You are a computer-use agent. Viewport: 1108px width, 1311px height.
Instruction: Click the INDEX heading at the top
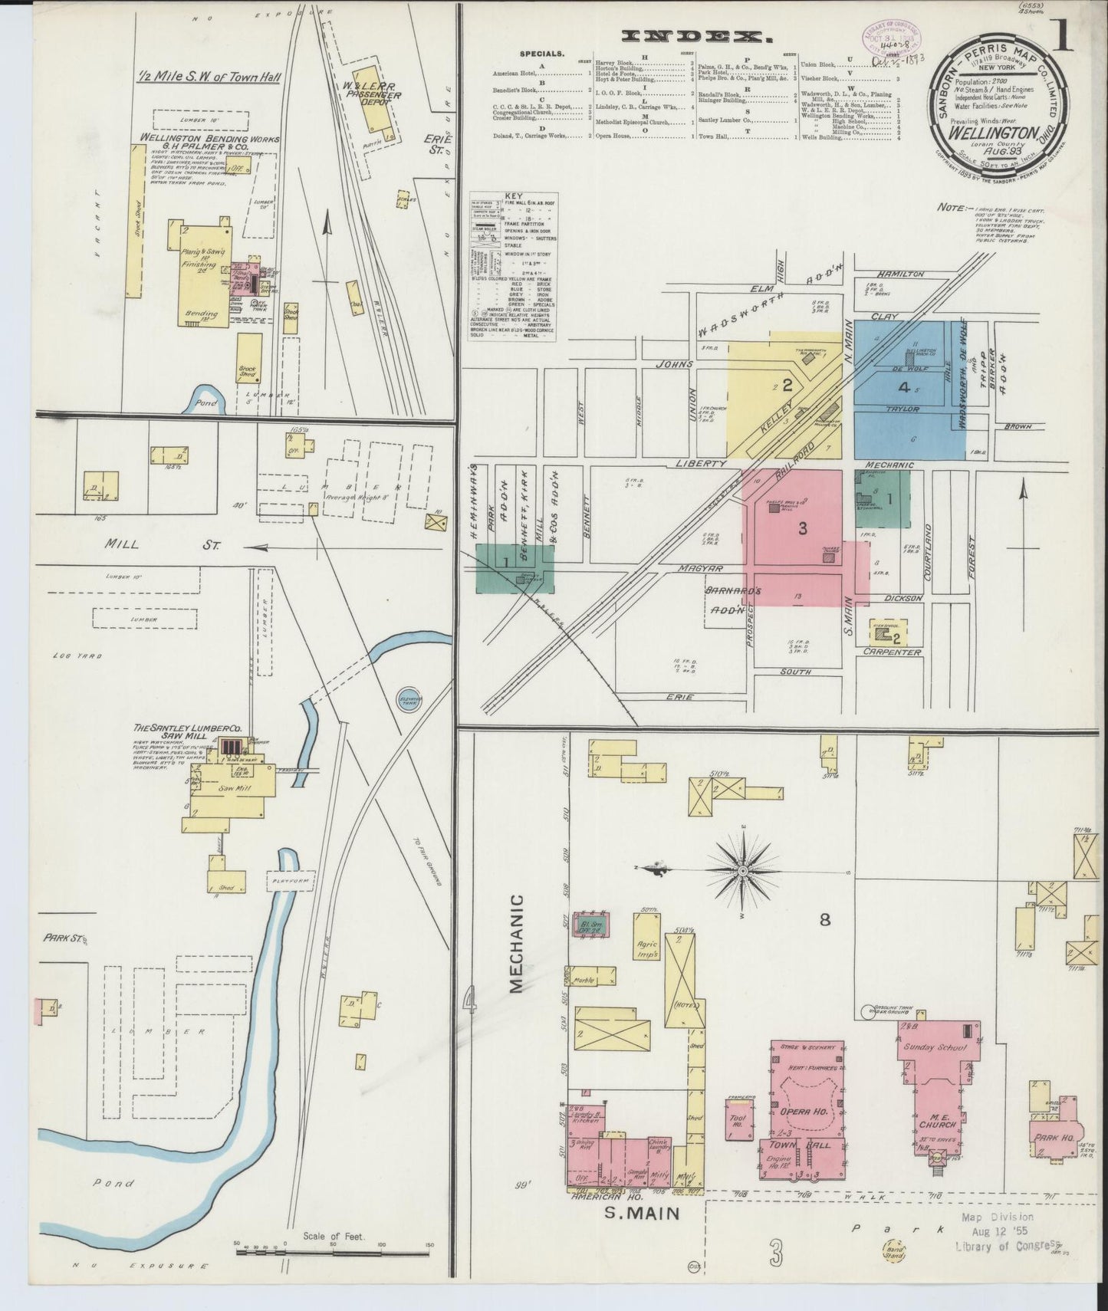click(696, 35)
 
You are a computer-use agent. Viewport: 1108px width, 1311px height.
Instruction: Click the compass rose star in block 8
click(743, 872)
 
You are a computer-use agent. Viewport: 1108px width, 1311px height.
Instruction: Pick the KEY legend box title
click(513, 197)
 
